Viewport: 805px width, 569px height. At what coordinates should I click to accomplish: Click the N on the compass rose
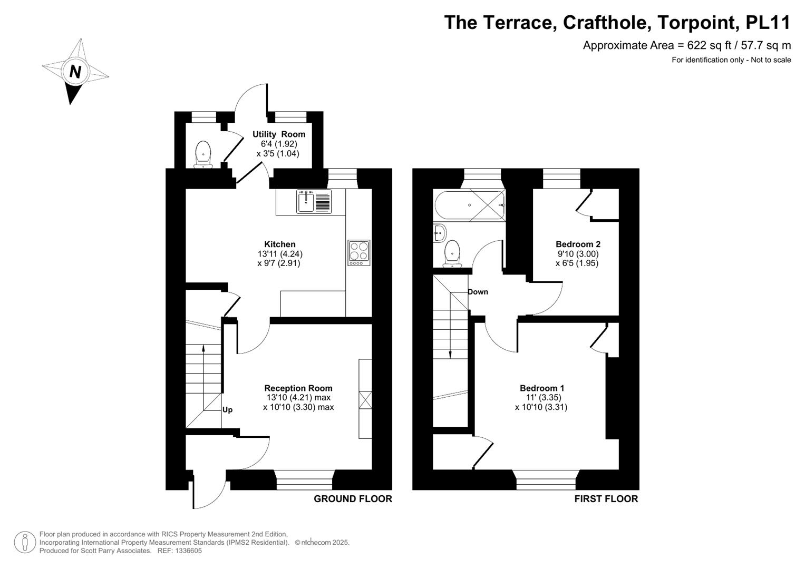pos(75,72)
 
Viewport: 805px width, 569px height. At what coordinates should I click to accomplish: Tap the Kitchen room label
pos(279,244)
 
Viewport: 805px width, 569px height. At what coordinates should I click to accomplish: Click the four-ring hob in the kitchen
pos(359,253)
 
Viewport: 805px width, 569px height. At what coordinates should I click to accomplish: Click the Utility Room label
pos(278,134)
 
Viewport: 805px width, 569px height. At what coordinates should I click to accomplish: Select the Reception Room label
pos(298,388)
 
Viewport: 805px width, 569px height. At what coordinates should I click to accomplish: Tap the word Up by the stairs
pos(227,409)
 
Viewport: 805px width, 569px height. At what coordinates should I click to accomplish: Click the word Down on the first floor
pos(478,292)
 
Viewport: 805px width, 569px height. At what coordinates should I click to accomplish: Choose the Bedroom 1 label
pos(541,388)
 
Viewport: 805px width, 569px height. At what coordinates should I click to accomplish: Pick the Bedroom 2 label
pos(578,244)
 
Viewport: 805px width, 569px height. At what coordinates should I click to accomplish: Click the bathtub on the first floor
pos(469,205)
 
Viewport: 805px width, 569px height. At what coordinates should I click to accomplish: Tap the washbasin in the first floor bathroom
pos(440,233)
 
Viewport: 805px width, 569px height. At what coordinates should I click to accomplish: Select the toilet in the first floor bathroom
pos(452,253)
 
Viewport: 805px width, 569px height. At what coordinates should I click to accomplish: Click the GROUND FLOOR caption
pos(353,499)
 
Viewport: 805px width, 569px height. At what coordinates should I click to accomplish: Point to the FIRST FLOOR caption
pos(606,499)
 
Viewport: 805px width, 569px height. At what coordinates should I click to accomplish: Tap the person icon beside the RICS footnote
pos(25,542)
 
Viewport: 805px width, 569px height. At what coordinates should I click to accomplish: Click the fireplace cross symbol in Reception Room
pos(365,400)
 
